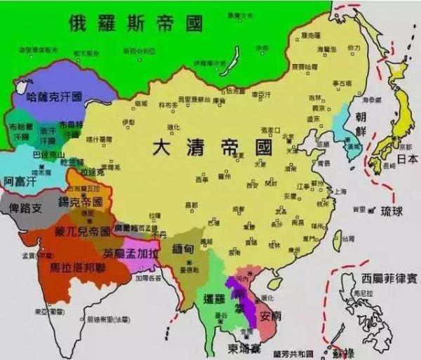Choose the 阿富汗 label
(x=20, y=181)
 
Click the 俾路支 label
(x=25, y=208)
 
